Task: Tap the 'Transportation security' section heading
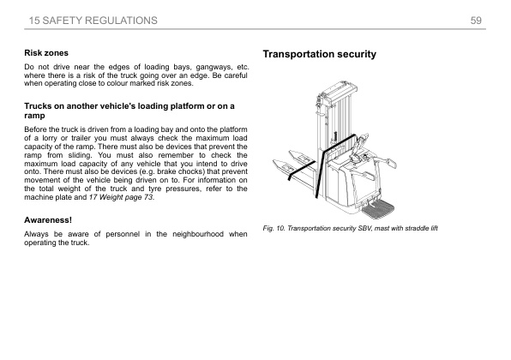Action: [x=319, y=55]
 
